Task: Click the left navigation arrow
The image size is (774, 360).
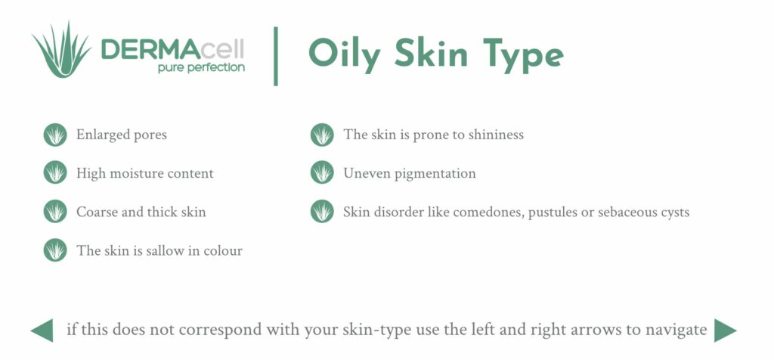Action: click(42, 331)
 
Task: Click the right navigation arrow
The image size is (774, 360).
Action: click(725, 331)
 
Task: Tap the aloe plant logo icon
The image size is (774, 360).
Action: click(61, 51)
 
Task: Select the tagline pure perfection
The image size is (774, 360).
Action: click(200, 67)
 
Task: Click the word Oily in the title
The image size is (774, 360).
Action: click(342, 53)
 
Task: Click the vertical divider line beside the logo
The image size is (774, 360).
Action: click(276, 55)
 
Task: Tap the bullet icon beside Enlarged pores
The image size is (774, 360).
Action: click(55, 135)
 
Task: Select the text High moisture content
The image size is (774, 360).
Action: click(144, 173)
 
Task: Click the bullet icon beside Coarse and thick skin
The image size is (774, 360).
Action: click(55, 212)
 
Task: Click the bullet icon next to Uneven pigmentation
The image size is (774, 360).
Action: click(322, 173)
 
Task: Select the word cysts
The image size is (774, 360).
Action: click(673, 212)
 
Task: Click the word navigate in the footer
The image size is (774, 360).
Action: click(677, 331)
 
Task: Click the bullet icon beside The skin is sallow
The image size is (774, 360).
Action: click(55, 250)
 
